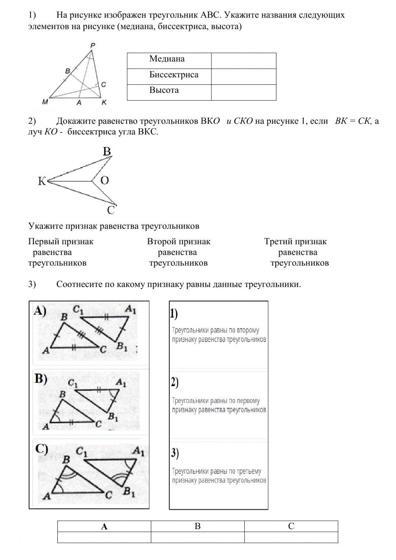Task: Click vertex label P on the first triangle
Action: pos(93,46)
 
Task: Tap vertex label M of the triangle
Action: pos(45,102)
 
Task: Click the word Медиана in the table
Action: pos(167,59)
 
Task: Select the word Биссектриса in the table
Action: pos(173,75)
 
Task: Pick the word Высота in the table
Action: pos(164,90)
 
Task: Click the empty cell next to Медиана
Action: pos(244,61)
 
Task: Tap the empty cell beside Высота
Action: pos(244,92)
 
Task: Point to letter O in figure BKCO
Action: pos(105,181)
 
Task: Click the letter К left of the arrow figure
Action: pos(42,182)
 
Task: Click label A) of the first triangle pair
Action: pos(40,311)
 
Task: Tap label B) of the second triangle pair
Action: pos(41,379)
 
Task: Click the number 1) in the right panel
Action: pos(174,313)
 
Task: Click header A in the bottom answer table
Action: pos(104,527)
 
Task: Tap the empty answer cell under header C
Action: pos(291,537)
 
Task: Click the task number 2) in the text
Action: pos(32,121)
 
